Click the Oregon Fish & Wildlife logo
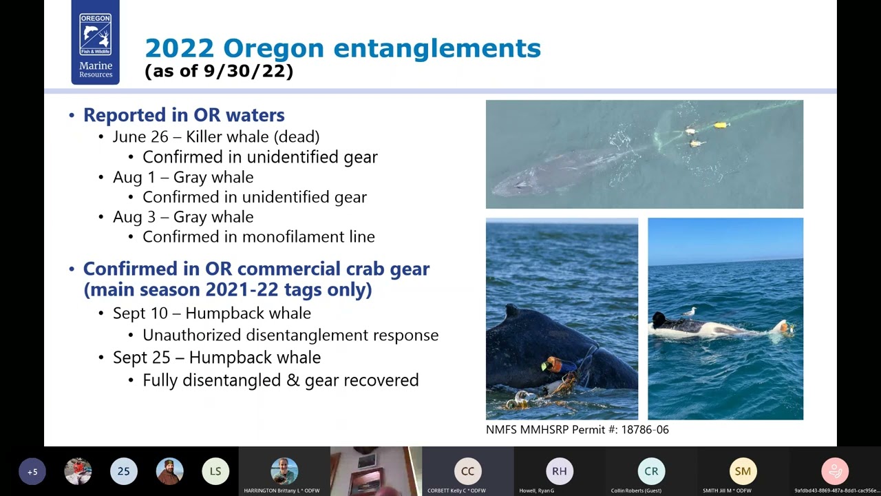pos(95,43)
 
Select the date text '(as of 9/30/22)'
pos(219,71)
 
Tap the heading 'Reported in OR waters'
pos(184,115)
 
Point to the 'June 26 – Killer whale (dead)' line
pos(216,136)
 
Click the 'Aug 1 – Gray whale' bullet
pos(183,177)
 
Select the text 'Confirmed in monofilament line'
pos(259,237)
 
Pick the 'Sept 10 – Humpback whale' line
pos(212,313)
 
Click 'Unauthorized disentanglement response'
pos(290,335)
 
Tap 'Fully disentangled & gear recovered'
pos(281,380)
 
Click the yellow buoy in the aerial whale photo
pos(721,125)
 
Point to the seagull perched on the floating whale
pos(689,313)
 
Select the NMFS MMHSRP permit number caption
pos(577,430)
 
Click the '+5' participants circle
pos(32,471)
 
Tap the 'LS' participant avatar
pos(215,471)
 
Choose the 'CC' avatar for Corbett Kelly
pos(467,471)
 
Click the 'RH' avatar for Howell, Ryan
pos(560,471)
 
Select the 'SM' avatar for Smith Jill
pos(743,471)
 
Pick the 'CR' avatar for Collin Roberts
pos(651,471)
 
